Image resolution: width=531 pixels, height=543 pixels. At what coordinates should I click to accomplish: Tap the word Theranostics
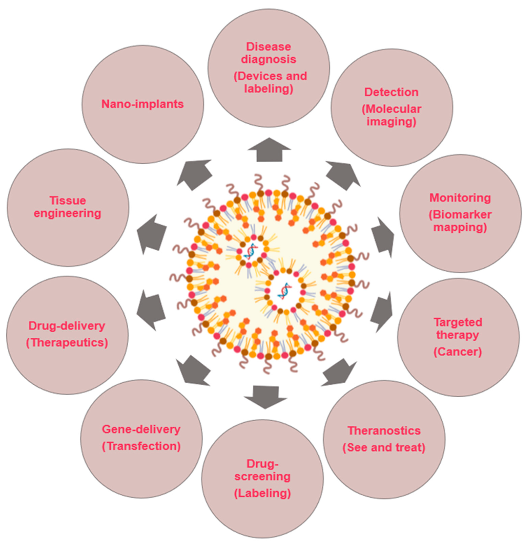[x=384, y=431]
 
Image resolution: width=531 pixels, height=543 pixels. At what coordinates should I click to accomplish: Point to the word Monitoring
[x=460, y=198]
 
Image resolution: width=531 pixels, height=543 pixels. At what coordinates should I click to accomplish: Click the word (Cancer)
[x=458, y=352]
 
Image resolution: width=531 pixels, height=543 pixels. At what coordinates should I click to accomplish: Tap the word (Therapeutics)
[x=67, y=343]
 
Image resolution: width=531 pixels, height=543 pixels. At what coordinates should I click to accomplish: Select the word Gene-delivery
[x=141, y=429]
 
